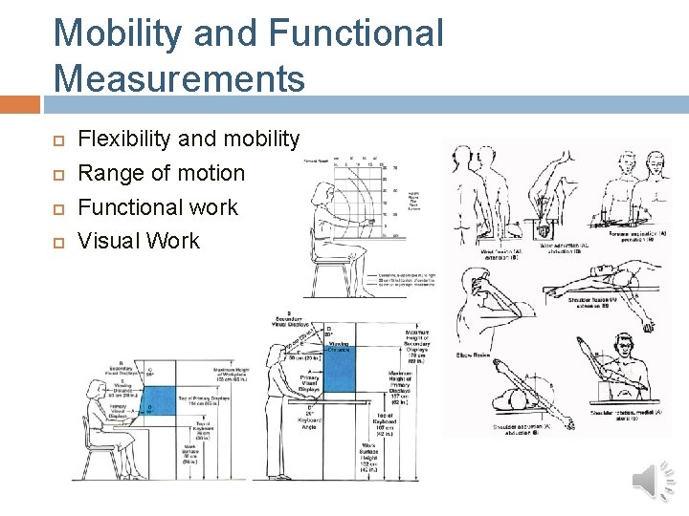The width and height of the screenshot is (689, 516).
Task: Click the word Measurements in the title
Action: (180, 75)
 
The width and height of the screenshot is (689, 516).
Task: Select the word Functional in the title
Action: (357, 32)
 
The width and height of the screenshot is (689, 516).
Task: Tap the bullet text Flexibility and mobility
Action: (189, 139)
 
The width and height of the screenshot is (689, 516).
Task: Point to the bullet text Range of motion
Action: (161, 173)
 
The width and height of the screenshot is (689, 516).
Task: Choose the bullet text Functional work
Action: (158, 206)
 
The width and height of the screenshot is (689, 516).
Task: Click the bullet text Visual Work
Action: (139, 240)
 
